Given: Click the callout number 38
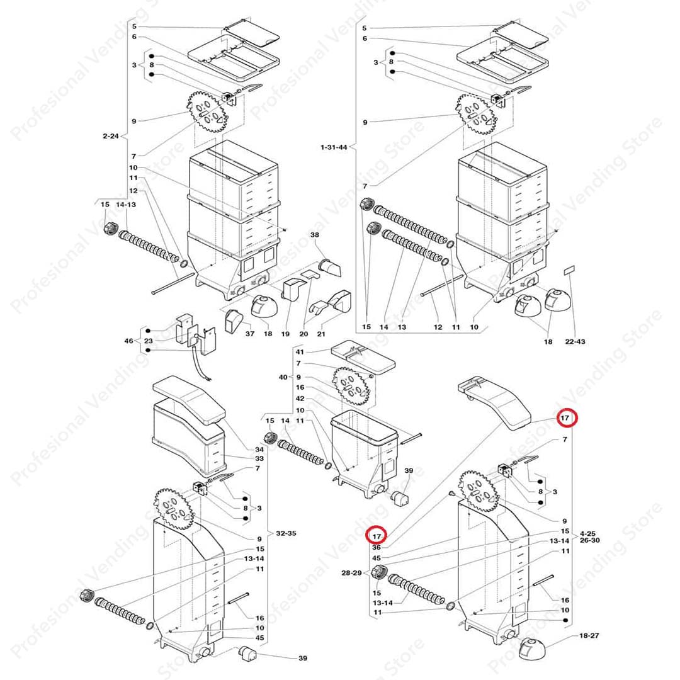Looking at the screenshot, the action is [314, 235].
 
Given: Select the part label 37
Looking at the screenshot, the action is [250, 334].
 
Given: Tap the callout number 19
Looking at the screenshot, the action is [285, 334].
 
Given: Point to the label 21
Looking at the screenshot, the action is [321, 334].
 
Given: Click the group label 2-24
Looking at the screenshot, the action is [111, 136].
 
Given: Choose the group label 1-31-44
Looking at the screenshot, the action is [334, 147].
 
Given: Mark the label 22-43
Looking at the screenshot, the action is [575, 341].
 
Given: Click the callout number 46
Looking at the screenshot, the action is [129, 341].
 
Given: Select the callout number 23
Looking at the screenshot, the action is [149, 341].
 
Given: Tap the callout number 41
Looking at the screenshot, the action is [300, 352].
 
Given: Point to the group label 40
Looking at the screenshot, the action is [283, 377].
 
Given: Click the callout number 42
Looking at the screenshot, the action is [300, 398].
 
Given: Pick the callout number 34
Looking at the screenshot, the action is [259, 450].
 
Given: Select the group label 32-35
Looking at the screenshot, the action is [286, 533].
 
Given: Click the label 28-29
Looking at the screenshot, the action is [351, 572].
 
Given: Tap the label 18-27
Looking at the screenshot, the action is [589, 635].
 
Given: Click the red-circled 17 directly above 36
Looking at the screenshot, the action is [377, 536].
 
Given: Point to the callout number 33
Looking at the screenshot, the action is [259, 458].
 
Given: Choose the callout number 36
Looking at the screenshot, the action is [377, 547].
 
